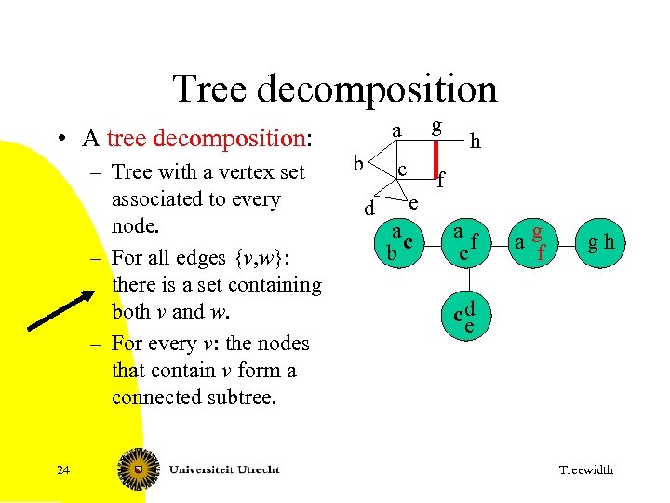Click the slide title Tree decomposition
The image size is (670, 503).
click(335, 89)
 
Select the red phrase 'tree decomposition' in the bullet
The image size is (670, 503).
click(207, 139)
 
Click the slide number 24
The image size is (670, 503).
click(62, 469)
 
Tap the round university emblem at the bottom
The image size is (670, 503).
click(138, 469)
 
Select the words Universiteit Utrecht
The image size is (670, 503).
click(223, 469)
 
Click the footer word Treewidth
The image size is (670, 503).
click(585, 469)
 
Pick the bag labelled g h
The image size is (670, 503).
click(600, 243)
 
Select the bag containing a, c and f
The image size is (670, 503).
click(465, 241)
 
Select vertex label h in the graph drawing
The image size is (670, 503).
click(476, 142)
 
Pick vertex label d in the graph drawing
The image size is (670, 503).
click(368, 210)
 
